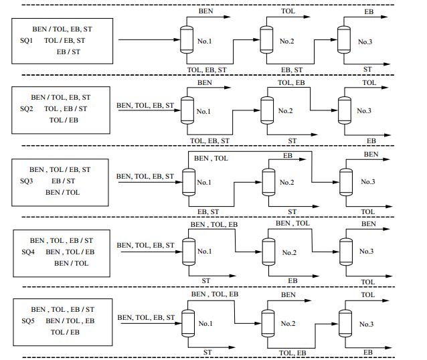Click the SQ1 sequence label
pyautogui.click(x=27, y=41)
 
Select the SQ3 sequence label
pyautogui.click(x=27, y=181)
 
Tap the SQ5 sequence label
pyautogui.click(x=27, y=321)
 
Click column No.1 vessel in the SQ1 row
pyautogui.click(x=187, y=39)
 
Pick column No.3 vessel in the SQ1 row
pyautogui.click(x=345, y=39)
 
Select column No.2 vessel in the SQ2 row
pyautogui.click(x=267, y=110)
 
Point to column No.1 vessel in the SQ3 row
pyautogui.click(x=188, y=181)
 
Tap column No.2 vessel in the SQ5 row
pyautogui.click(x=268, y=323)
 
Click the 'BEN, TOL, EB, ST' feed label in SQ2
pyautogui.click(x=145, y=105)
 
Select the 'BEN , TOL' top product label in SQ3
pyautogui.click(x=211, y=159)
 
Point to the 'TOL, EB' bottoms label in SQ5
pyautogui.click(x=292, y=353)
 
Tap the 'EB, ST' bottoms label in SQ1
pyautogui.click(x=292, y=70)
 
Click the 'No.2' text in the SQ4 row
pyautogui.click(x=289, y=252)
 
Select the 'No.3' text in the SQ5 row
pyautogui.click(x=366, y=324)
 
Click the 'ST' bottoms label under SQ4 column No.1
pyautogui.click(x=206, y=280)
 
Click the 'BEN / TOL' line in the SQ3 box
pyautogui.click(x=62, y=192)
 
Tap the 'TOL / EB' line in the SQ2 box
pyautogui.click(x=64, y=120)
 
